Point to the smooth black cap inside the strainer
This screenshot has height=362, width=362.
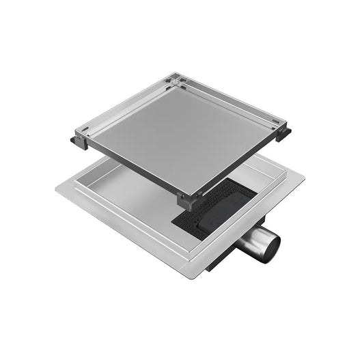(x=225, y=206)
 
